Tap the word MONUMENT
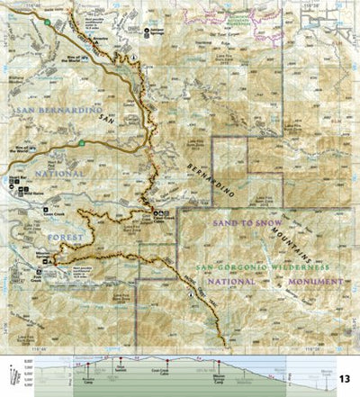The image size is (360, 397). click(x=311, y=281)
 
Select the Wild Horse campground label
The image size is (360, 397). click(x=31, y=190)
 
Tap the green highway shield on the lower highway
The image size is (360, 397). click(x=82, y=142)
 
